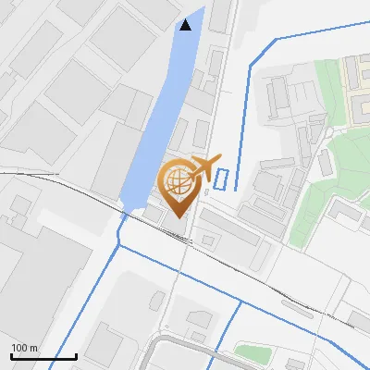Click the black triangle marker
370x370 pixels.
pos(186,24)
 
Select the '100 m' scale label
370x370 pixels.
pos(25,348)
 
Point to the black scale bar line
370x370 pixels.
pos(43,356)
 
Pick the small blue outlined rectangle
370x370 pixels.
pos(220,179)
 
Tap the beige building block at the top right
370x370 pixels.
pos(357,79)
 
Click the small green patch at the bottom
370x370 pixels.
pos(252,351)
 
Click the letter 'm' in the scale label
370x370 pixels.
pos(34,348)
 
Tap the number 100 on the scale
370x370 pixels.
pos(19,348)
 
